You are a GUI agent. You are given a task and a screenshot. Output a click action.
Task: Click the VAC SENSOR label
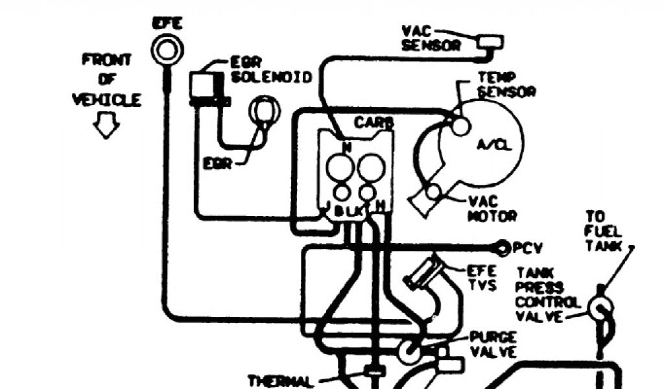click(431, 38)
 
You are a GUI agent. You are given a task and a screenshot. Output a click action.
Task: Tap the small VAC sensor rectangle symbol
click(491, 43)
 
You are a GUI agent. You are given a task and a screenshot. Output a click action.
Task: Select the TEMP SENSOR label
click(506, 84)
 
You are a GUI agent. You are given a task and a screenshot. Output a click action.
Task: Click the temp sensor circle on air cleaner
click(460, 126)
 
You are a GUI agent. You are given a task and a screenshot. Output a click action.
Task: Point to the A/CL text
click(495, 145)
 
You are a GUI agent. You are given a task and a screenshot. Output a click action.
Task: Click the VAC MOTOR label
click(492, 208)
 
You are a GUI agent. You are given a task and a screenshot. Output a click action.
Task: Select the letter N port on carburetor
click(347, 147)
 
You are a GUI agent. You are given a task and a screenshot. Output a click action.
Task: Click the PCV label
click(527, 248)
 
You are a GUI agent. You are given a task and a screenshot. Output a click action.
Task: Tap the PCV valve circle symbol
click(502, 247)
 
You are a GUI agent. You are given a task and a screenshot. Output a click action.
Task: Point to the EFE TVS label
click(482, 277)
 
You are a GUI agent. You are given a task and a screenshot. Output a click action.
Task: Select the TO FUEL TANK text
click(604, 231)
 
